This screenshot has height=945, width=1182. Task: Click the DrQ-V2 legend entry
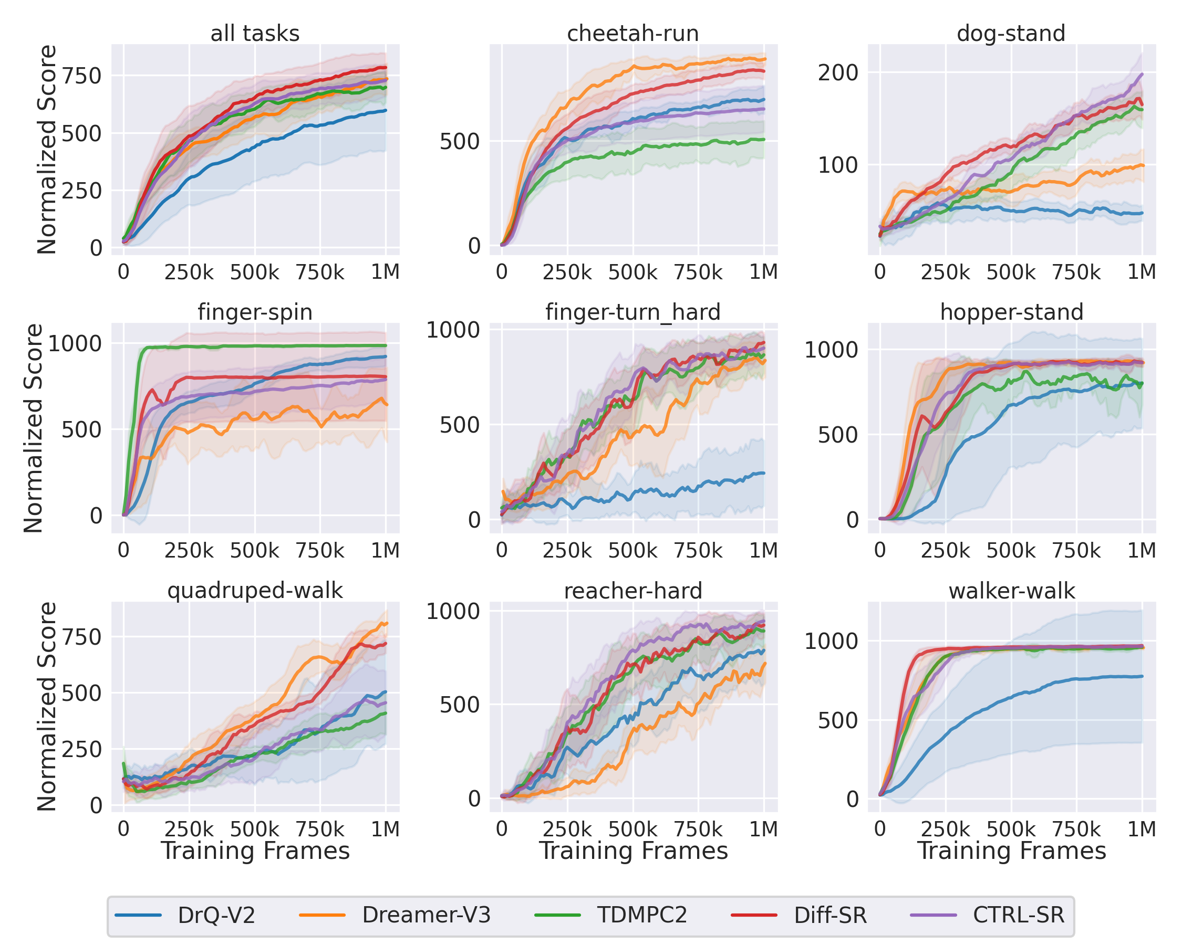pyautogui.click(x=216, y=916)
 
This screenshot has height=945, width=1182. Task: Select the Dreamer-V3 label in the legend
pyautogui.click(x=426, y=916)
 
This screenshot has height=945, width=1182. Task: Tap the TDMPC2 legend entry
pyautogui.click(x=642, y=916)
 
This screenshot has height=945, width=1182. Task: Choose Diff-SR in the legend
pyautogui.click(x=830, y=916)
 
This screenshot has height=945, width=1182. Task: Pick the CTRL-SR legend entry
pyautogui.click(x=1018, y=916)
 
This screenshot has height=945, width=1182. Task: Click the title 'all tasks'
pyautogui.click(x=255, y=34)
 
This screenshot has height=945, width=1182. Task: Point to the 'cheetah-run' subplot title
pyautogui.click(x=633, y=34)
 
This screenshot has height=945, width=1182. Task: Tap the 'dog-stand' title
pyautogui.click(x=1011, y=34)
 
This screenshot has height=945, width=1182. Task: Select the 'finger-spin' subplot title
pyautogui.click(x=255, y=312)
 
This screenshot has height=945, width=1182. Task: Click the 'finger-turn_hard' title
pyautogui.click(x=633, y=312)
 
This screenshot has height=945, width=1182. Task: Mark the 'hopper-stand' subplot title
pyautogui.click(x=1011, y=312)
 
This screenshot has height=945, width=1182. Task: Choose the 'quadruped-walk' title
pyautogui.click(x=255, y=591)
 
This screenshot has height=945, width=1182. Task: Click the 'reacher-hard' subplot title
pyautogui.click(x=633, y=591)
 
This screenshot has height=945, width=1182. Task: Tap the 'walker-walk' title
pyautogui.click(x=1011, y=591)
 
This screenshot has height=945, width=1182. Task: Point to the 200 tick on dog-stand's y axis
pyautogui.click(x=838, y=72)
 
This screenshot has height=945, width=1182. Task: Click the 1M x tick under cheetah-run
pyautogui.click(x=763, y=272)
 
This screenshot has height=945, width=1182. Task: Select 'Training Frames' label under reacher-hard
pyautogui.click(x=633, y=851)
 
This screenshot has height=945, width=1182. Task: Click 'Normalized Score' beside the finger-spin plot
pyautogui.click(x=34, y=428)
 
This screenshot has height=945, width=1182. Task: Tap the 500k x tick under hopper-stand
pyautogui.click(x=1011, y=551)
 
